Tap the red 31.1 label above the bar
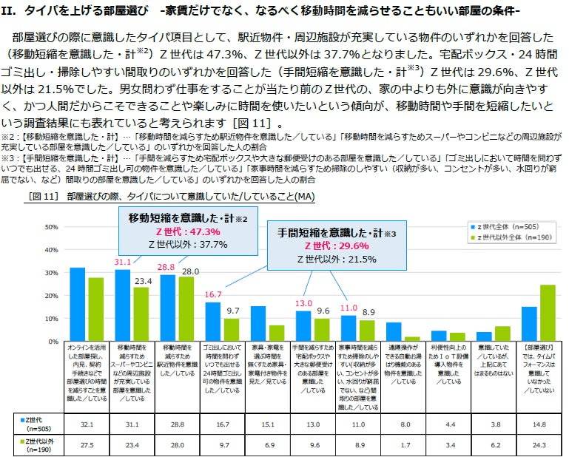click(122, 262)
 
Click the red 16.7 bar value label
click(213, 294)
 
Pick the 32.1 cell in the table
click(77, 424)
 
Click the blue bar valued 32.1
click(77, 304)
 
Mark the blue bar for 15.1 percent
click(257, 323)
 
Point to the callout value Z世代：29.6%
click(337, 246)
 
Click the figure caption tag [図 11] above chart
click(42, 197)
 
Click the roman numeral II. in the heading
click(10, 11)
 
